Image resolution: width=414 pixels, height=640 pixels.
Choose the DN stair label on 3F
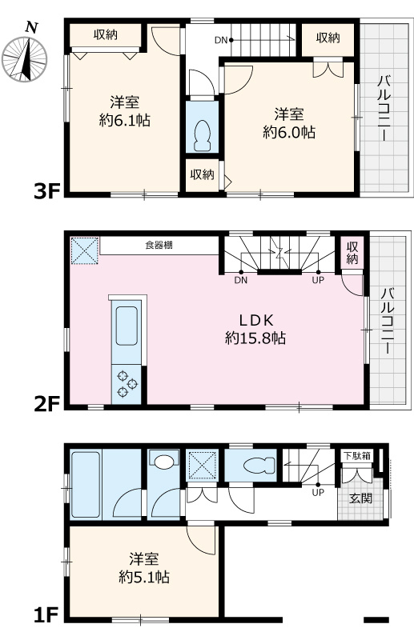(222, 39)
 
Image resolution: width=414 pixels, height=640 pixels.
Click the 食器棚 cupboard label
(158, 245)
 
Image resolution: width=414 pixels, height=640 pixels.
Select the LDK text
(255, 318)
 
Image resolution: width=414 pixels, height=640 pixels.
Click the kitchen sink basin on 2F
(128, 329)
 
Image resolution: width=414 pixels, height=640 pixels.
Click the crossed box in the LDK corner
(83, 250)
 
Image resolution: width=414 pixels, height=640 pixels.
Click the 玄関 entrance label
(360, 498)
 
